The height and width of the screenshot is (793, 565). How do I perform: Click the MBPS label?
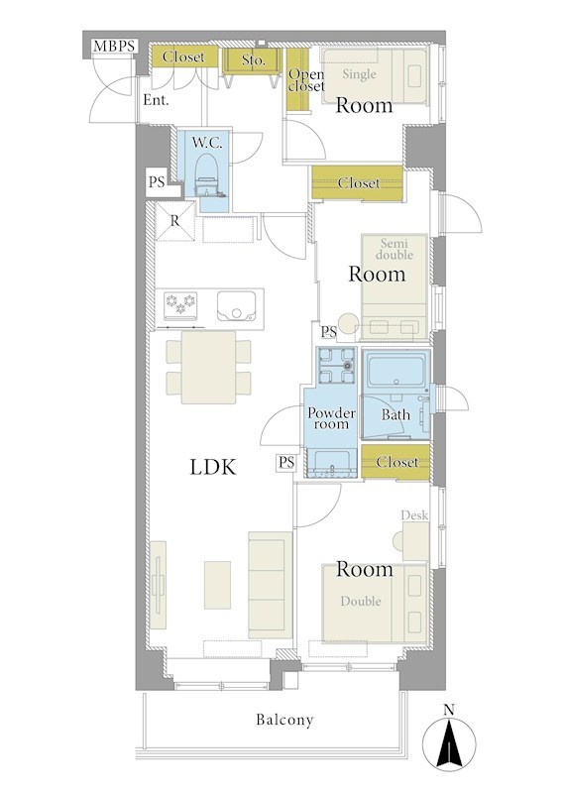tap(115, 47)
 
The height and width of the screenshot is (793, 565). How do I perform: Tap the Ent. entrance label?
tap(156, 100)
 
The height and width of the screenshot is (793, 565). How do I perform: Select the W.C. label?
tap(206, 143)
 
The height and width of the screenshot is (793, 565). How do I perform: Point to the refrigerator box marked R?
tap(175, 221)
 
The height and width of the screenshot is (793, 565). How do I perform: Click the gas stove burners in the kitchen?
tap(180, 305)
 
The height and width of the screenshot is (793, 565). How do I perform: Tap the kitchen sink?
tap(236, 306)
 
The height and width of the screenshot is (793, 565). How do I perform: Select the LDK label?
tap(213, 467)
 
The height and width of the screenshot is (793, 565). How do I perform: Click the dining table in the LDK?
tap(209, 367)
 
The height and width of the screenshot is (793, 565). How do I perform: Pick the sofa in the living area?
tap(270, 585)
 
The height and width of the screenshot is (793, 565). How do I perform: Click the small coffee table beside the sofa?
tap(217, 585)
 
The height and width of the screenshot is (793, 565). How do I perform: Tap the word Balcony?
tap(284, 720)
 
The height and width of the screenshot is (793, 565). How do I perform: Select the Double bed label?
tap(361, 601)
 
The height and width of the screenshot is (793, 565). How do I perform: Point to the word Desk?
tap(414, 515)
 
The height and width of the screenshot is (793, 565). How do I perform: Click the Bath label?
tap(395, 415)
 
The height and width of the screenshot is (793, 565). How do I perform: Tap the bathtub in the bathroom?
tap(397, 372)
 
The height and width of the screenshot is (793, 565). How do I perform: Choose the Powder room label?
tap(331, 418)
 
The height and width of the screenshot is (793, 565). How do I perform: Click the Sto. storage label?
tap(253, 60)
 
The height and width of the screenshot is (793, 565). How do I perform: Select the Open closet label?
tap(306, 80)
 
